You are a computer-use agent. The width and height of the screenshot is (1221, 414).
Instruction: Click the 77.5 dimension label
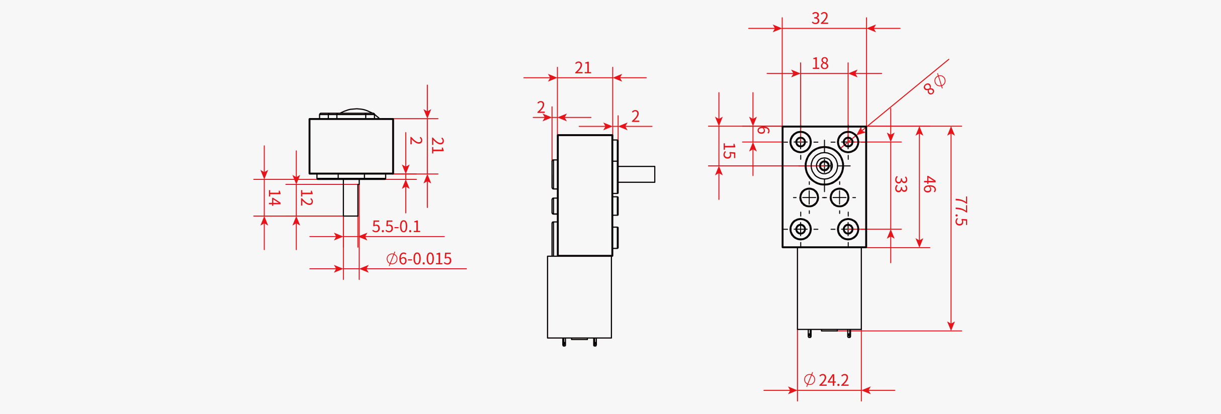point(961,211)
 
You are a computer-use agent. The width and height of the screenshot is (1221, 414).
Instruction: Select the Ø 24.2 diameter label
point(826,380)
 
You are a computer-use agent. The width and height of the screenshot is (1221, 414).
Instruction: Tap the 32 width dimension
point(820,19)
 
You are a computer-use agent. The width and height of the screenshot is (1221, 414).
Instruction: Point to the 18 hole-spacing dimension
point(820,64)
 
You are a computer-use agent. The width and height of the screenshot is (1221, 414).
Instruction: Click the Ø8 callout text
point(934,84)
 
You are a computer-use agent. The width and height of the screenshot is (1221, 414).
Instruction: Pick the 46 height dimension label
point(929,184)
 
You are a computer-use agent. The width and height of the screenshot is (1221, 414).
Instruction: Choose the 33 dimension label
point(900,184)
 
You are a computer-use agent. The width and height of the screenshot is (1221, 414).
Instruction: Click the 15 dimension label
point(728,151)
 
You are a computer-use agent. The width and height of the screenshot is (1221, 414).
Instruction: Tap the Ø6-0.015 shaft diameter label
point(418,259)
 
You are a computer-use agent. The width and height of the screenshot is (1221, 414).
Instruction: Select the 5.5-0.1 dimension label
point(396,227)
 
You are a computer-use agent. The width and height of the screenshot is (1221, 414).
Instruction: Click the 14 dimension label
point(274,198)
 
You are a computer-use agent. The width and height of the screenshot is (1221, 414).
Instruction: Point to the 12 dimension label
point(306,198)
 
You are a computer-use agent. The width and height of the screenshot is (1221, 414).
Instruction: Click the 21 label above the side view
point(583,68)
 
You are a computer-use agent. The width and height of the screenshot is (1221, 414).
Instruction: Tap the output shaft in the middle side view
point(637,174)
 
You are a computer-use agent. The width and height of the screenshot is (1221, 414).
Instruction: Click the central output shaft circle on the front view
point(824,166)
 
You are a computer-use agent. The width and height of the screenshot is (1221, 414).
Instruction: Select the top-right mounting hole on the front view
point(848,142)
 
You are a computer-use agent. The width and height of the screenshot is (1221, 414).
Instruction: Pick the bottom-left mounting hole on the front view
point(800,230)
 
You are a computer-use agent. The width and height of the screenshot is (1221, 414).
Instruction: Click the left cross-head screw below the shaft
point(809,197)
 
